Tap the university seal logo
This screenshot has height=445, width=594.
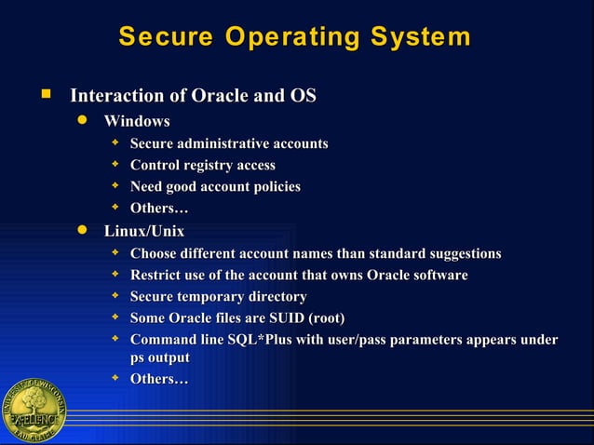pos(34,411)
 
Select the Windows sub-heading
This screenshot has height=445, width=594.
pos(137,121)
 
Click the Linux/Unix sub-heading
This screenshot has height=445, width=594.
pos(144,230)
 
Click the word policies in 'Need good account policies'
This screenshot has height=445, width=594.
pos(273,187)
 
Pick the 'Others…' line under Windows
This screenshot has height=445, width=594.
pos(159,209)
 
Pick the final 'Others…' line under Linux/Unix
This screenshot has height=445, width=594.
pos(159,379)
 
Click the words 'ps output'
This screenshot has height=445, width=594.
pos(159,357)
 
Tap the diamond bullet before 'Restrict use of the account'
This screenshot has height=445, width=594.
pos(115,275)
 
